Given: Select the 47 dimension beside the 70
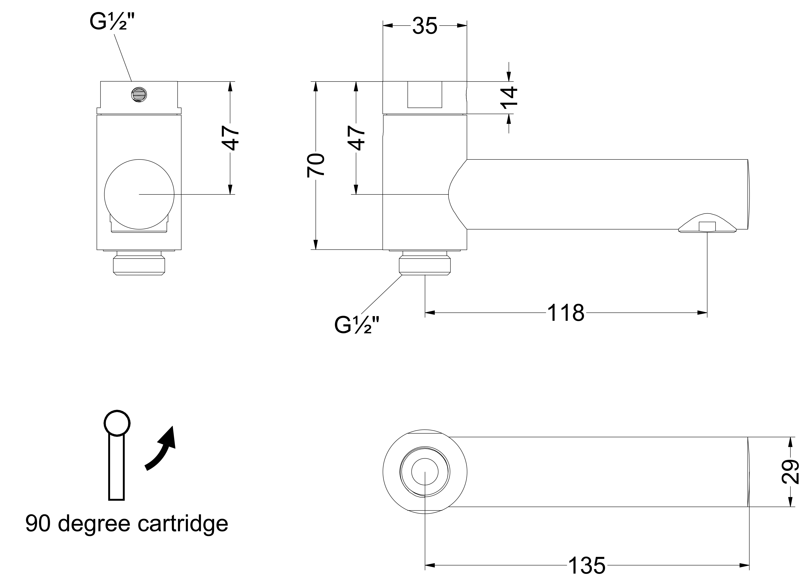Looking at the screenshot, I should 356,138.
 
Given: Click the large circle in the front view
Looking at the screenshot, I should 139,194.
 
